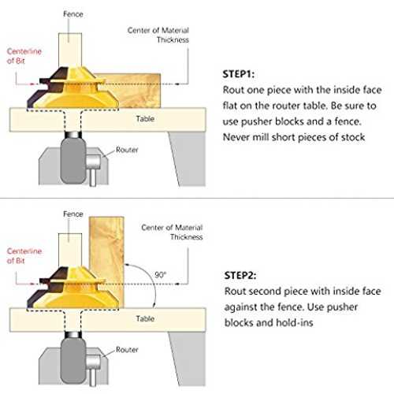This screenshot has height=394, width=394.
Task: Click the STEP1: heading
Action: click(239, 74)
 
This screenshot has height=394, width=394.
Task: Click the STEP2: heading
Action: click(240, 275)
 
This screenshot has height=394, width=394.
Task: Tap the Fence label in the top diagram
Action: click(73, 14)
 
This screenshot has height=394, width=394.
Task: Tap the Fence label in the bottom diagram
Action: click(73, 214)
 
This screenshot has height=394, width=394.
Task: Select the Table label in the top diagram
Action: click(145, 119)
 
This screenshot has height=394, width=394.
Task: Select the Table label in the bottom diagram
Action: click(145, 318)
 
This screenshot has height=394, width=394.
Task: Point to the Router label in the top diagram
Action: click(127, 150)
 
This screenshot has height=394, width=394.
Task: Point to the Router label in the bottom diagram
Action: click(127, 350)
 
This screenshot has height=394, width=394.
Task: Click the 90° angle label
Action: click(160, 275)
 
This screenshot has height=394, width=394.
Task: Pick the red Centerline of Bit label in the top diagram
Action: click(24, 56)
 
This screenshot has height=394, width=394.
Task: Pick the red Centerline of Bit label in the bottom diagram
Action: click(24, 256)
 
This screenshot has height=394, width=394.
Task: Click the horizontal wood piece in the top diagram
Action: click(132, 91)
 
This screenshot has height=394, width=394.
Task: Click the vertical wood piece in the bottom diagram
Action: click(106, 262)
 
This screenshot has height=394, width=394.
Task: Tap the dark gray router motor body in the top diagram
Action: click(73, 161)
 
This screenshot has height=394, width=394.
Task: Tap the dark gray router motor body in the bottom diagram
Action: click(73, 361)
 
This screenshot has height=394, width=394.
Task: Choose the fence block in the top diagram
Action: click(70, 50)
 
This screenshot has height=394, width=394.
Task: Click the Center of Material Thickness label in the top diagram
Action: click(158, 35)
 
